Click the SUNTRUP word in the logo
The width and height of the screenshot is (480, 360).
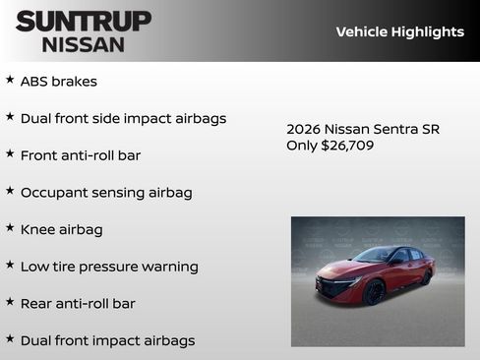pyautogui.click(x=84, y=21)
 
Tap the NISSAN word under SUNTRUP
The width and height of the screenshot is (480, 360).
pyautogui.click(x=84, y=43)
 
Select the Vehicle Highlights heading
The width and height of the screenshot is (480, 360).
pyautogui.click(x=399, y=31)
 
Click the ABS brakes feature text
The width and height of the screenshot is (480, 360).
pyautogui.click(x=58, y=82)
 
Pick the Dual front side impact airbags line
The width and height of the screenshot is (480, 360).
pyautogui.click(x=123, y=118)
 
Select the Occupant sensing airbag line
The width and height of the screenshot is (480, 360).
pyautogui.click(x=106, y=192)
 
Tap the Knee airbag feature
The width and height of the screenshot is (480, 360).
pyautogui.click(x=61, y=229)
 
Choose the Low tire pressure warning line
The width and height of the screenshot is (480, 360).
pyautogui.click(x=109, y=267)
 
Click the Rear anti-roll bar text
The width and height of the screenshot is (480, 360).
pyautogui.click(x=78, y=303)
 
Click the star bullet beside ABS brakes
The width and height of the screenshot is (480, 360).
pyautogui.click(x=10, y=80)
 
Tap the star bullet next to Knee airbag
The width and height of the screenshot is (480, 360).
pyautogui.click(x=10, y=227)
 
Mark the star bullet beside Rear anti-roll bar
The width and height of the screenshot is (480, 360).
pyautogui.click(x=10, y=301)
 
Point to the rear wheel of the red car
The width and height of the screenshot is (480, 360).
pyautogui.click(x=426, y=277)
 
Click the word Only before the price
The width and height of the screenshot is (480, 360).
pyautogui.click(x=302, y=146)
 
